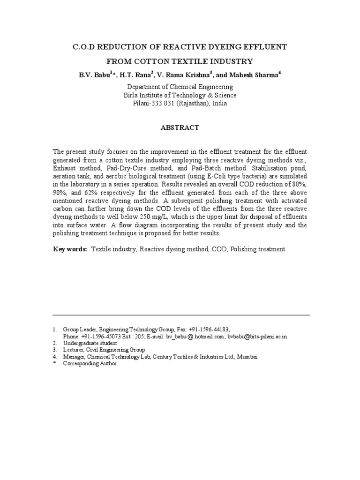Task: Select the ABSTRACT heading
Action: (x=180, y=127)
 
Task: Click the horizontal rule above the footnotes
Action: (x=181, y=315)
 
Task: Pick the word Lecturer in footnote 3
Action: (x=75, y=350)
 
